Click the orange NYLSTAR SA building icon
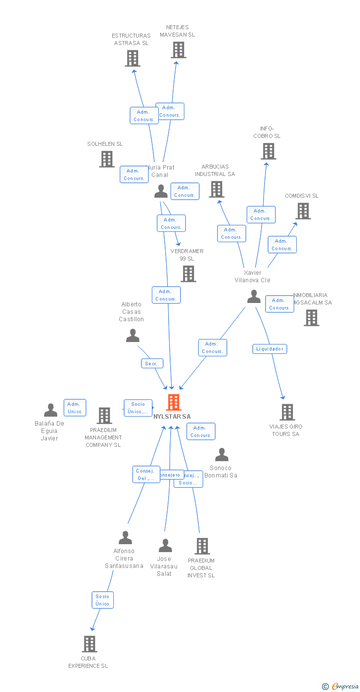click(173, 402)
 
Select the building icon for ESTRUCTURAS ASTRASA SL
click(132, 58)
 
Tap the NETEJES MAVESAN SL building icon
click(179, 50)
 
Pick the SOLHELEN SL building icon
click(107, 159)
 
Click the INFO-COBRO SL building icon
click(269, 151)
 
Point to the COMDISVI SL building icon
click(303, 211)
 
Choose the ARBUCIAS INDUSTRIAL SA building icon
click(217, 189)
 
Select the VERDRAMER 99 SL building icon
click(188, 274)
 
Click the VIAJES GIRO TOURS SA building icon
click(287, 412)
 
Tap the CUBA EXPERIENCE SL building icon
click(90, 644)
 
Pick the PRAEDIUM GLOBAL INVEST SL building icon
click(202, 546)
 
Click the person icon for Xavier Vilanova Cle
click(254, 297)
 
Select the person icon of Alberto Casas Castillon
click(133, 336)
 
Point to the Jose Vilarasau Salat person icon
click(165, 546)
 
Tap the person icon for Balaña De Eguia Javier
click(50, 410)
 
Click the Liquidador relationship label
click(270, 349)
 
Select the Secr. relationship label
click(151, 364)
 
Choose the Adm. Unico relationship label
click(75, 408)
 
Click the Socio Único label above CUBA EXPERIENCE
click(103, 600)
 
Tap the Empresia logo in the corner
click(344, 686)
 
